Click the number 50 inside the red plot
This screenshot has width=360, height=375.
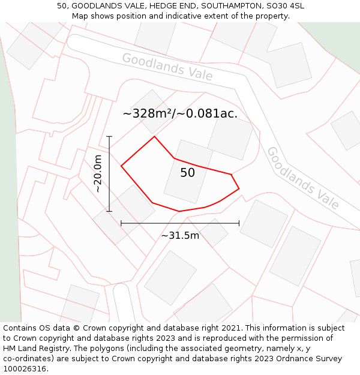pyautogui.click(x=187, y=173)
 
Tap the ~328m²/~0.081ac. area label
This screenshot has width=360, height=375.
pyautogui.click(x=180, y=113)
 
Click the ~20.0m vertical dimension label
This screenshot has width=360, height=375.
pyautogui.click(x=98, y=173)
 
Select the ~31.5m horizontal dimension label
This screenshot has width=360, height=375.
pyautogui.click(x=180, y=236)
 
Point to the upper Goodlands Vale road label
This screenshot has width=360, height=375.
pyautogui.click(x=167, y=67)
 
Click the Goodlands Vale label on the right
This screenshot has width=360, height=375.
pyautogui.click(x=302, y=178)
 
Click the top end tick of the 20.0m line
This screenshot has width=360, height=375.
pyautogui.click(x=109, y=137)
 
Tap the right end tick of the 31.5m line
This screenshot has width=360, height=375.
pyautogui.click(x=239, y=223)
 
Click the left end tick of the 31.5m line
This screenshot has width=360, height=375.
pyautogui.click(x=121, y=223)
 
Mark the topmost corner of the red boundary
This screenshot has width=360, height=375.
pyautogui.click(x=155, y=136)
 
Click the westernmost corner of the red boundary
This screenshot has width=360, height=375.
pyautogui.click(x=121, y=166)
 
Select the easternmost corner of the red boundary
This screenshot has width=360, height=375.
pyautogui.click(x=239, y=188)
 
